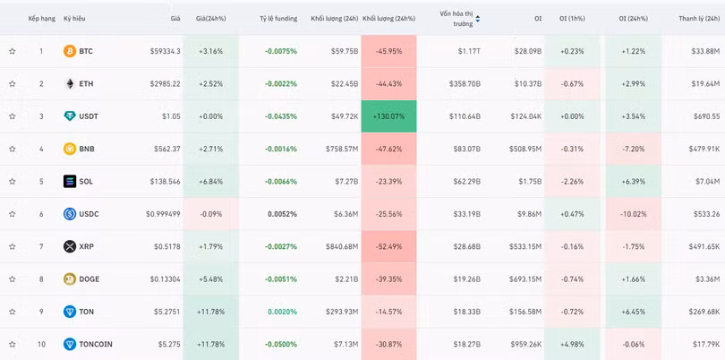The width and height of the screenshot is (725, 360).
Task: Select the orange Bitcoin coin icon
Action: pyautogui.click(x=70, y=51)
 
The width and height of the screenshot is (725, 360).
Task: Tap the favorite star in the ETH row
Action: pyautogui.click(x=13, y=84)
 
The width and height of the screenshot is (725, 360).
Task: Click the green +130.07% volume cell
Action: pyautogui.click(x=388, y=116)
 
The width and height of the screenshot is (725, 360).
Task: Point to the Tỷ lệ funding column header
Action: pyautogui.click(x=277, y=18)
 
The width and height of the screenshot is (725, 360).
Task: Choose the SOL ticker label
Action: pyautogui.click(x=86, y=182)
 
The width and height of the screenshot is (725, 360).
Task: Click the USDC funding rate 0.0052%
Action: pyautogui.click(x=282, y=214)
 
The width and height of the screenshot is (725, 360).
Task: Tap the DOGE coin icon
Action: pyautogui.click(x=70, y=279)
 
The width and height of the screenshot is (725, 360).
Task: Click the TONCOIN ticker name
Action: pyautogui.click(x=96, y=344)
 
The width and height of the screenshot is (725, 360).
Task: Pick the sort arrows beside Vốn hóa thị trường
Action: pyautogui.click(x=478, y=18)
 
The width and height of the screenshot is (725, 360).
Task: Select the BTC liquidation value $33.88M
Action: pyautogui.click(x=705, y=51)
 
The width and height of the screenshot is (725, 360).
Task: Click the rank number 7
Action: pyautogui.click(x=41, y=246)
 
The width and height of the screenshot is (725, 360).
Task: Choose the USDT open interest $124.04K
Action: pyautogui.click(x=525, y=116)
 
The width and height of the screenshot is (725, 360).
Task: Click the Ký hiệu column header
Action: pyautogui.click(x=74, y=18)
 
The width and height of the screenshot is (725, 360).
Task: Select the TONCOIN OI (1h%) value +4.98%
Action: pyautogui.click(x=572, y=344)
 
